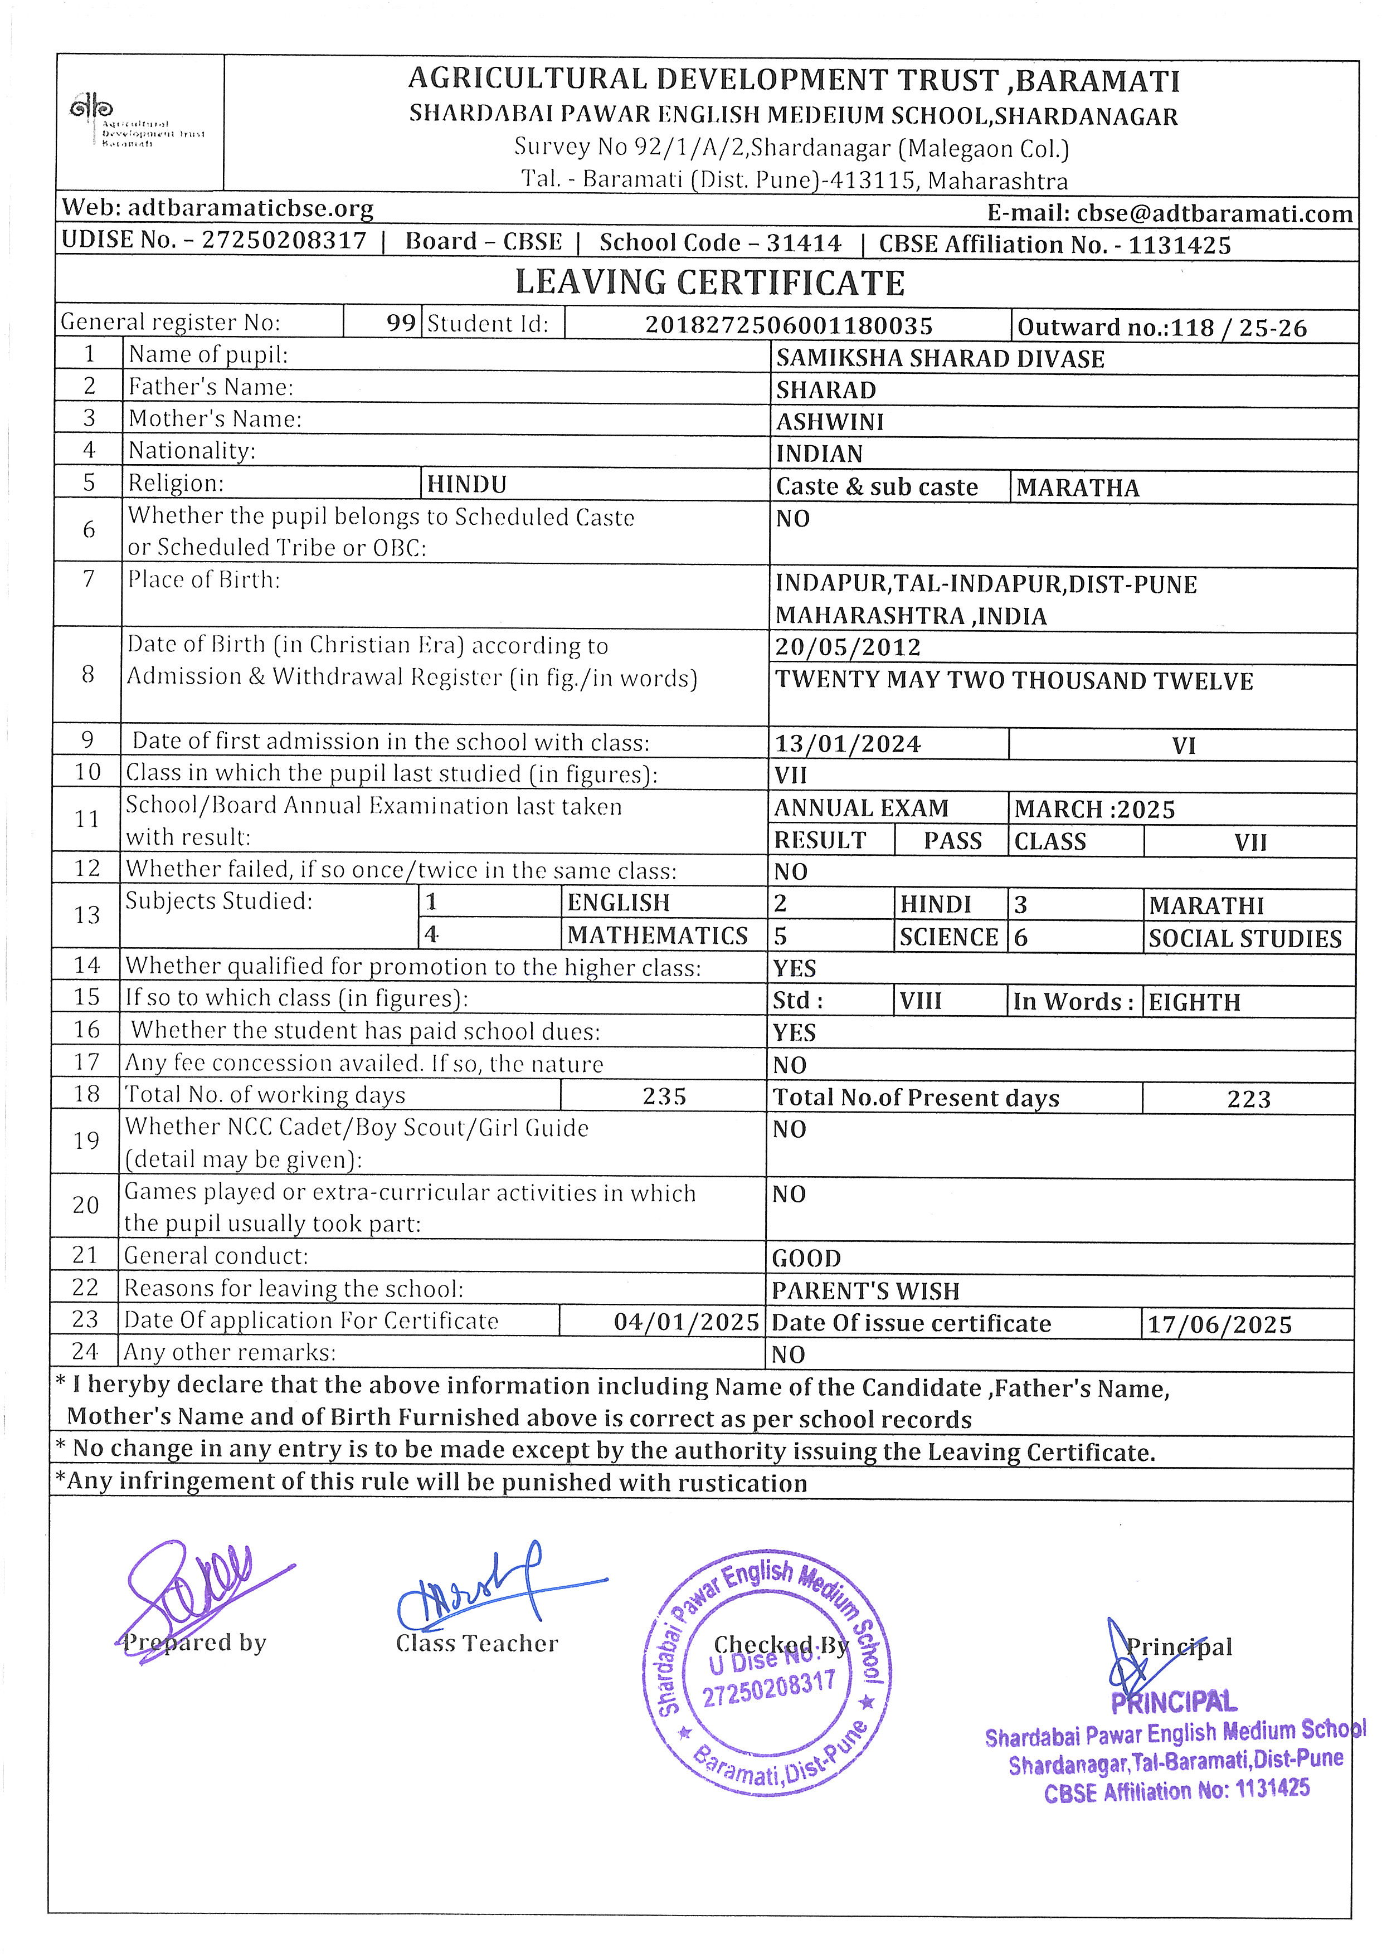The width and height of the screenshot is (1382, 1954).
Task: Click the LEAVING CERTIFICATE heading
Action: click(710, 282)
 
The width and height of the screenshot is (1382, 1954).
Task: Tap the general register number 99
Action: click(401, 323)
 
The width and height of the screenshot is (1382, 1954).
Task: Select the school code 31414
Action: click(804, 243)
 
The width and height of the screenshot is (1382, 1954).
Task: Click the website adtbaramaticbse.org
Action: click(250, 208)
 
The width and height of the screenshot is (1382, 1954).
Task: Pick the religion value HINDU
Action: click(467, 484)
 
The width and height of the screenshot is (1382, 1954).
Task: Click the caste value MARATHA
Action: click(1077, 488)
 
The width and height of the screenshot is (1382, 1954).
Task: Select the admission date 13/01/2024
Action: click(848, 744)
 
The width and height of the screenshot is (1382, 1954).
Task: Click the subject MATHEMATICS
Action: click(658, 935)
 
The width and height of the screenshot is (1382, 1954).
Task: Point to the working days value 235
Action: click(664, 1096)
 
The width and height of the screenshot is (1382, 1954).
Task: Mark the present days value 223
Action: click(1248, 1099)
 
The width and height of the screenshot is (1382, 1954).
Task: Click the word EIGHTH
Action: click(1195, 1002)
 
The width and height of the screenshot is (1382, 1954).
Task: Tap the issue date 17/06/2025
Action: click(1219, 1324)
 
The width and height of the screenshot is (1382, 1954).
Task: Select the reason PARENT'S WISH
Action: click(865, 1291)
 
